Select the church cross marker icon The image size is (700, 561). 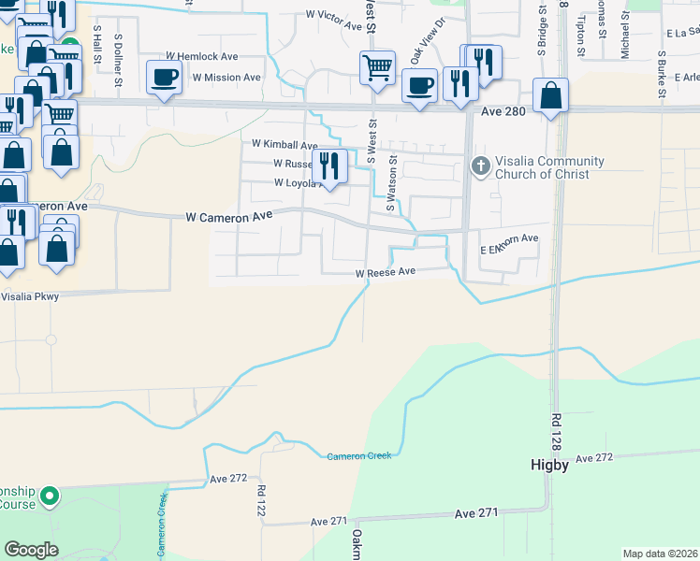[x=480, y=167]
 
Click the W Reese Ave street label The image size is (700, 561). [x=384, y=273]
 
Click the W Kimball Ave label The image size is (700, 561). [x=285, y=145]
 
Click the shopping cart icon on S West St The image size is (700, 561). [x=377, y=66]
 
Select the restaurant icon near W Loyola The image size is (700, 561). [x=329, y=165]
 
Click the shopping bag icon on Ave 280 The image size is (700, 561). [x=551, y=94]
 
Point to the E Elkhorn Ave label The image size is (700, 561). [x=509, y=239]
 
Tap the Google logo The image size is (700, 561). [x=32, y=549]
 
